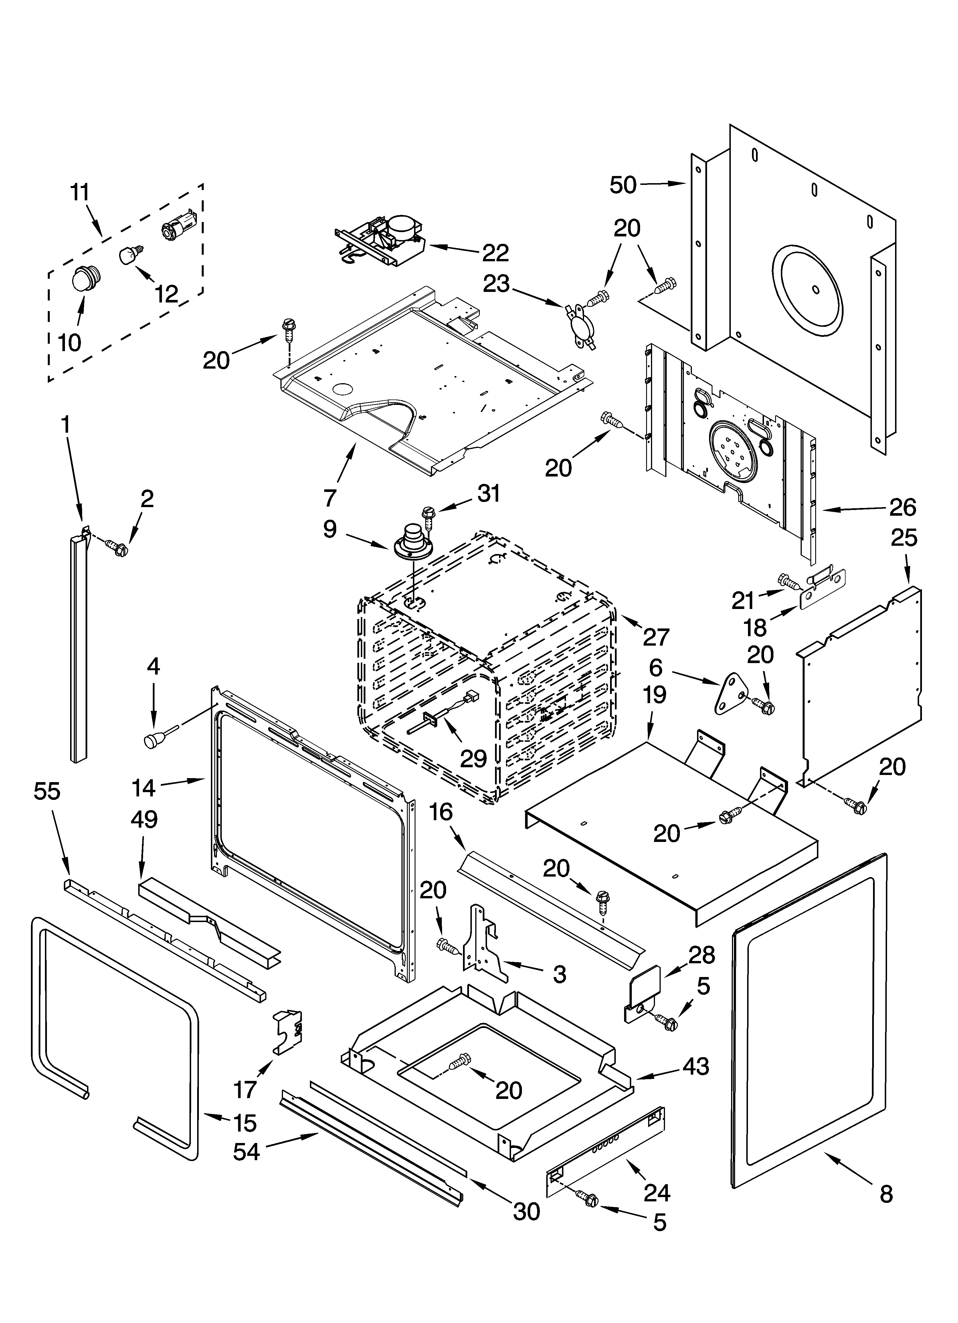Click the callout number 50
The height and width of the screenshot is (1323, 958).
pyautogui.click(x=623, y=185)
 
